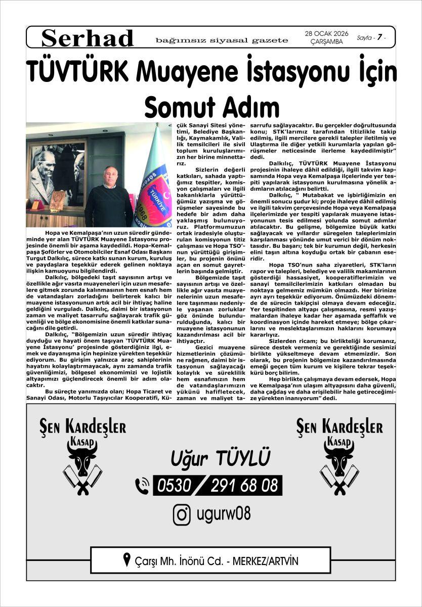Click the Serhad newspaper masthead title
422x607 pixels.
coord(88,38)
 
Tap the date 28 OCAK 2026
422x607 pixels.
coord(326,34)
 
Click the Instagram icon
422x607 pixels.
coord(182,515)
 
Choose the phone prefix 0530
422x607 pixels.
coord(175,486)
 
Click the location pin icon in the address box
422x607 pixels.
coord(126,559)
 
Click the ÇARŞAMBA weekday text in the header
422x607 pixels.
coord(326,42)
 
